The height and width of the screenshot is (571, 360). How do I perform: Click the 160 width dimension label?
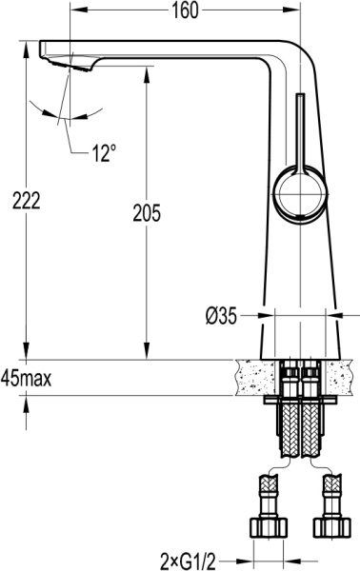pos(185,11)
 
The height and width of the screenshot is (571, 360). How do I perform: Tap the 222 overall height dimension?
pos(20,200)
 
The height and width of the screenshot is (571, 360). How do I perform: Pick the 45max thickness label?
pos(27,377)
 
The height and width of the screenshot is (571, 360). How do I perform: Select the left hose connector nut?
pos(268,526)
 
